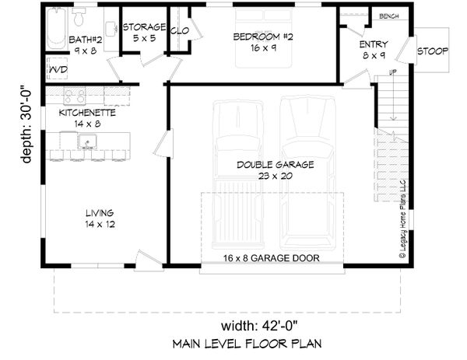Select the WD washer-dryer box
58,70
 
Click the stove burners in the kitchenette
75,96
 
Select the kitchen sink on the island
87,142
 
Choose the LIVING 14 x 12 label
100,218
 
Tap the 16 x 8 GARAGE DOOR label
272,257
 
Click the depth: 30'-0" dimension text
28,124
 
